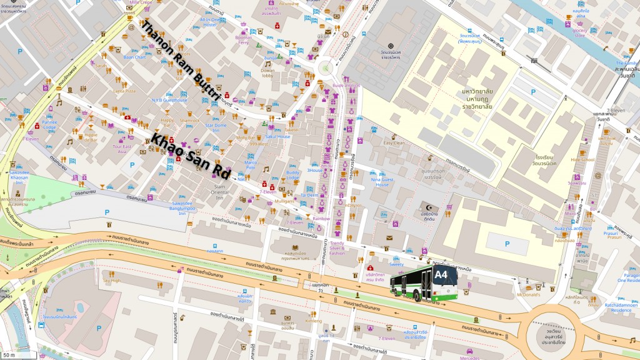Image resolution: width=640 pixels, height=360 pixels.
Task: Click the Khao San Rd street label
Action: (x=191, y=154)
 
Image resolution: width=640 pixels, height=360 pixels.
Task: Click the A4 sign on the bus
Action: (x=441, y=274)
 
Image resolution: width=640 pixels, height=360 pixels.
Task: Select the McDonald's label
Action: (x=527, y=294)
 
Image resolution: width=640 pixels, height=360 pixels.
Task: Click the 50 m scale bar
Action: (x=9, y=355)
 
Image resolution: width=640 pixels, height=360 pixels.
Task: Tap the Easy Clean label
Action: (x=394, y=143)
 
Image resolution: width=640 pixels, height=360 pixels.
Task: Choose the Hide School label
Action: (x=582, y=159)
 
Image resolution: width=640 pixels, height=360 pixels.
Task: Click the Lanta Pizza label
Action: (x=124, y=91)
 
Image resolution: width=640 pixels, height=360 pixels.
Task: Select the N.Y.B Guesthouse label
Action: (x=169, y=100)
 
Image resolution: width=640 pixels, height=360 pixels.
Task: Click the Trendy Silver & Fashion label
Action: (x=337, y=248)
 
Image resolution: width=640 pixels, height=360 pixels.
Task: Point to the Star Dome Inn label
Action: (x=216, y=127)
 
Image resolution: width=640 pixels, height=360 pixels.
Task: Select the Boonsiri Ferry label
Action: (x=243, y=39)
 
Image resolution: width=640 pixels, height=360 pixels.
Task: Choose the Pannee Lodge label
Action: (x=49, y=125)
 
